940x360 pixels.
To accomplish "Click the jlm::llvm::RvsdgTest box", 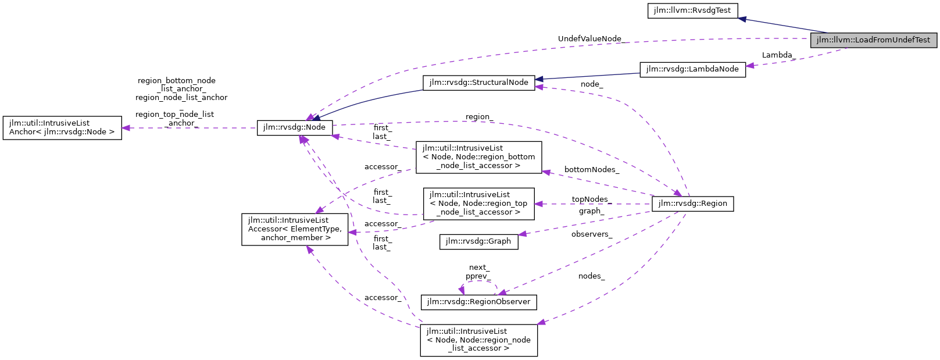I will coord(692,10).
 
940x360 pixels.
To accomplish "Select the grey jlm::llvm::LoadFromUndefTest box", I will coord(873,40).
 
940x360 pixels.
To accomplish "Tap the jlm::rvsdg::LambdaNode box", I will coord(692,69).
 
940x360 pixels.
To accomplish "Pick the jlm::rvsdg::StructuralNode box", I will coord(478,83).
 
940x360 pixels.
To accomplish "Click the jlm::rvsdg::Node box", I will coord(295,127).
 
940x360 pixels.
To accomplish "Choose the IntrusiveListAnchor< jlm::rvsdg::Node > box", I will coord(62,128).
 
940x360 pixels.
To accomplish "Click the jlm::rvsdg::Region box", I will coord(692,204).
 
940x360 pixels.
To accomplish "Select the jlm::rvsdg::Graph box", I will coord(478,241).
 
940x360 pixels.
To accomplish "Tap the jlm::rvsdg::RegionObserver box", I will coord(478,302).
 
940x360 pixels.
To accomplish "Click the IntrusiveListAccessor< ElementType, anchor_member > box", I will coord(295,229).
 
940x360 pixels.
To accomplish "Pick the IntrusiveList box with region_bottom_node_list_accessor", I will coord(478,157).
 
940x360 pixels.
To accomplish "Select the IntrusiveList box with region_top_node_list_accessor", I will coord(478,204).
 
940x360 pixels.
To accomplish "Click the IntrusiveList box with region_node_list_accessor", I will coord(478,340).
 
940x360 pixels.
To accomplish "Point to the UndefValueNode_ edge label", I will coord(589,39).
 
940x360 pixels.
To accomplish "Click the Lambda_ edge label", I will coord(778,55).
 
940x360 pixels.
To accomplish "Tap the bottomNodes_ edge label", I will coord(591,170).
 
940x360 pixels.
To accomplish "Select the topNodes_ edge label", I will coord(591,199).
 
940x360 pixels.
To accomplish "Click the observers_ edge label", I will coord(591,234).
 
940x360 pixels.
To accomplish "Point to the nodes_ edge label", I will coord(591,276).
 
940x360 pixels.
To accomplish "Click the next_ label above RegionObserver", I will coord(479,268).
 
